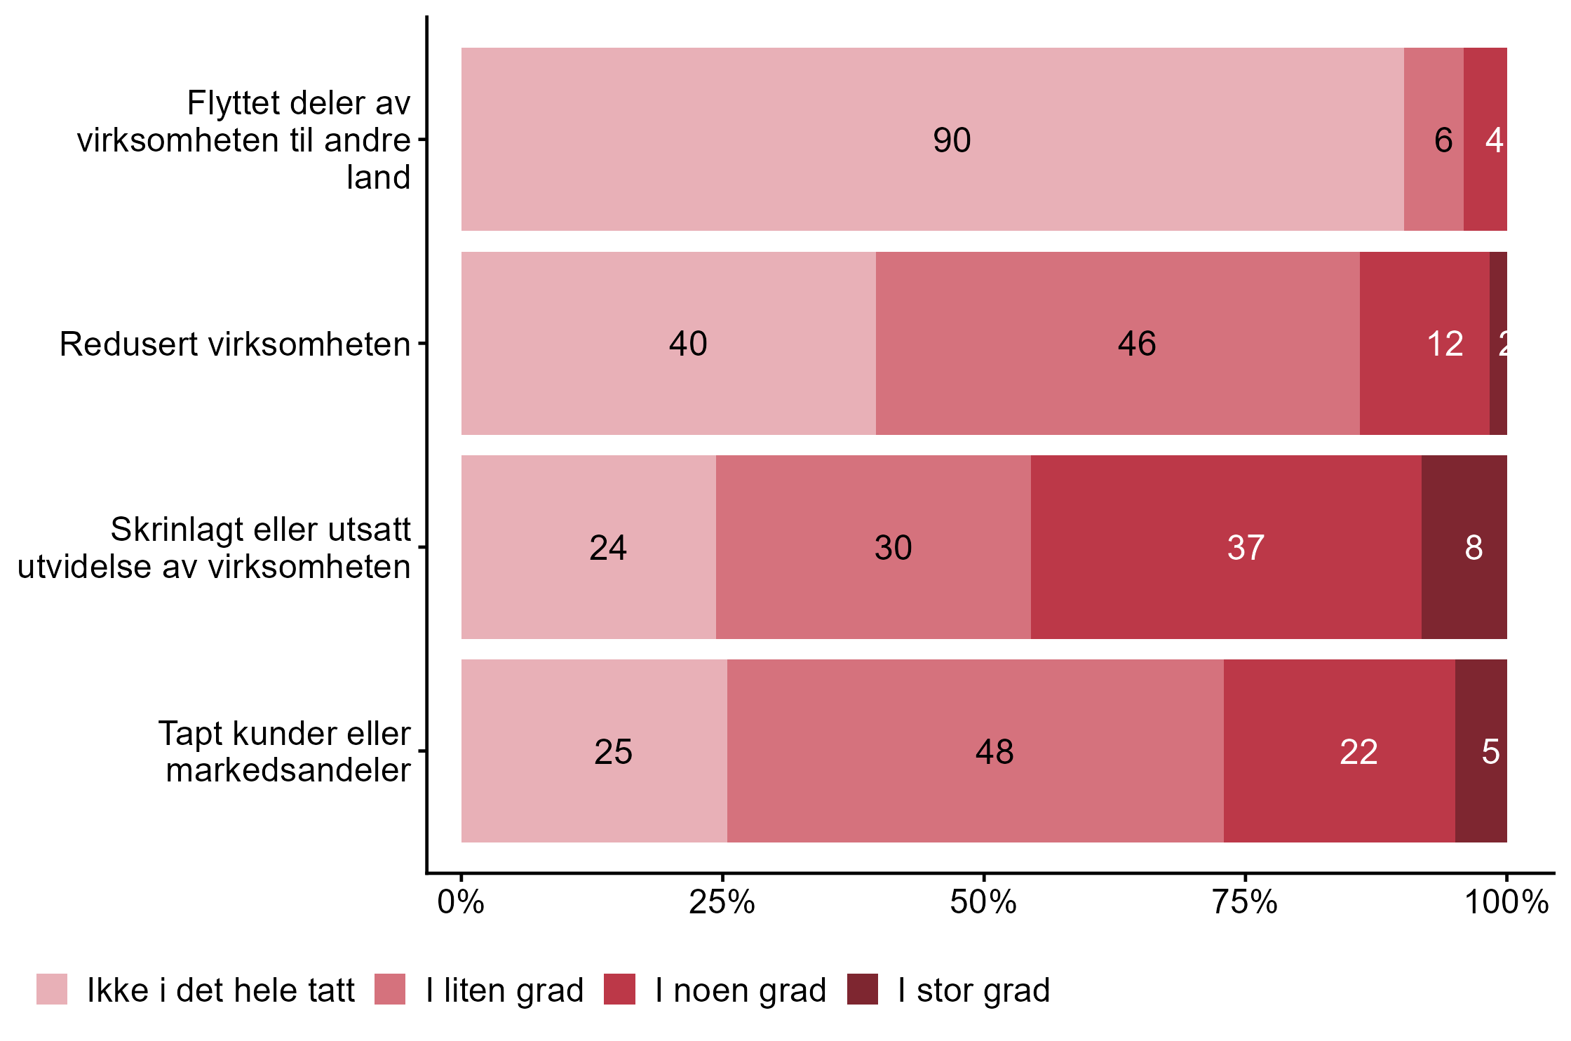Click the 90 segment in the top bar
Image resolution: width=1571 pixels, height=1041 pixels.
(932, 139)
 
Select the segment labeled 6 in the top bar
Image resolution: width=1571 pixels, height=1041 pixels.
(1433, 139)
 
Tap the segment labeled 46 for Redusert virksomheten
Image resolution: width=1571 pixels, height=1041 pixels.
(1117, 343)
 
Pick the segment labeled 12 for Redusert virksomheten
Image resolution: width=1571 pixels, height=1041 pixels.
(1424, 343)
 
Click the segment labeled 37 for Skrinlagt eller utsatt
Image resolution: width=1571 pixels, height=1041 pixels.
(1225, 547)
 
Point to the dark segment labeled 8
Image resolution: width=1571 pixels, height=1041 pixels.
(1464, 547)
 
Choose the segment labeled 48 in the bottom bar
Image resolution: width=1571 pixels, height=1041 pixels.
(975, 751)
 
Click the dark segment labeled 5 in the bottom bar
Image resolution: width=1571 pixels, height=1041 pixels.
(1481, 751)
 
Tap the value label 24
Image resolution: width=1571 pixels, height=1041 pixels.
(607, 548)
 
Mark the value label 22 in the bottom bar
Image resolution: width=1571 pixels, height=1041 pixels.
(1358, 752)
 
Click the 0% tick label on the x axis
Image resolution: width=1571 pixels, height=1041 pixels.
(461, 902)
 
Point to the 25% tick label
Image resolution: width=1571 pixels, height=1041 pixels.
(722, 902)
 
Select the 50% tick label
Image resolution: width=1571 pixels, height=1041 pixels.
(983, 902)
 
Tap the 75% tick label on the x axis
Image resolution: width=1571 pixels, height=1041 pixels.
(1245, 902)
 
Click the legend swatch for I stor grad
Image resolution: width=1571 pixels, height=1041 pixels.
(862, 989)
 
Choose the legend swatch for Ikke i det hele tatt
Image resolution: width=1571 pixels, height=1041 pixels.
(52, 989)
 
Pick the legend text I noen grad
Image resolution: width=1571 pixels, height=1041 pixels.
(741, 990)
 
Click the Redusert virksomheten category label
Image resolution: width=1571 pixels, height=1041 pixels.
(235, 344)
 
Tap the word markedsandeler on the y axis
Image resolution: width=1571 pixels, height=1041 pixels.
(288, 770)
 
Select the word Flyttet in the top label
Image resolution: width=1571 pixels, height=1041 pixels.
(223, 103)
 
